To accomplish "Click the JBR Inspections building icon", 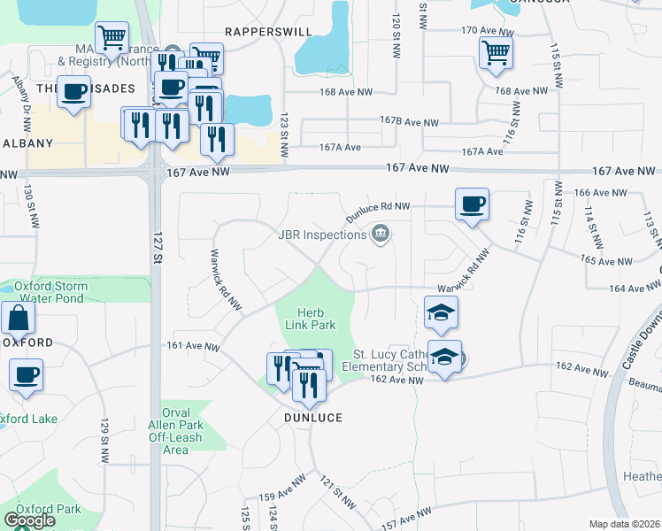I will click(x=381, y=235).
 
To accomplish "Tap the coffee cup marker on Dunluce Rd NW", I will click(x=472, y=205).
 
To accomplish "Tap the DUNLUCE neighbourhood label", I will click(x=312, y=416).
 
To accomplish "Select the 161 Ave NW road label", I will click(x=192, y=346).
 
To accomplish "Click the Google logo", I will click(x=29, y=520).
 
